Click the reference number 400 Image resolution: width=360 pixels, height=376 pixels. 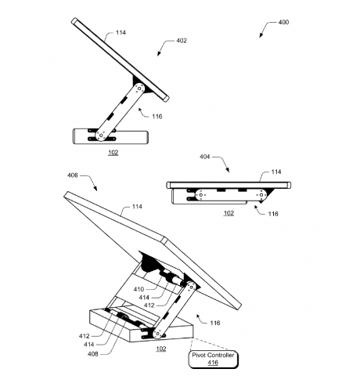click(x=283, y=22)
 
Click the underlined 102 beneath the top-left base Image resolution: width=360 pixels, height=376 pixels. click(x=113, y=153)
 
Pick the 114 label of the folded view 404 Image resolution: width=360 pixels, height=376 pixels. click(x=275, y=172)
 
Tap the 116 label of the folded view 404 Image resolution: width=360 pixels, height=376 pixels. click(x=272, y=213)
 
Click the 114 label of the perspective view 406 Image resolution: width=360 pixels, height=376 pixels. click(x=137, y=207)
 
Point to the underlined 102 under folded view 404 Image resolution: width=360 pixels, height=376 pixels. click(x=229, y=212)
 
